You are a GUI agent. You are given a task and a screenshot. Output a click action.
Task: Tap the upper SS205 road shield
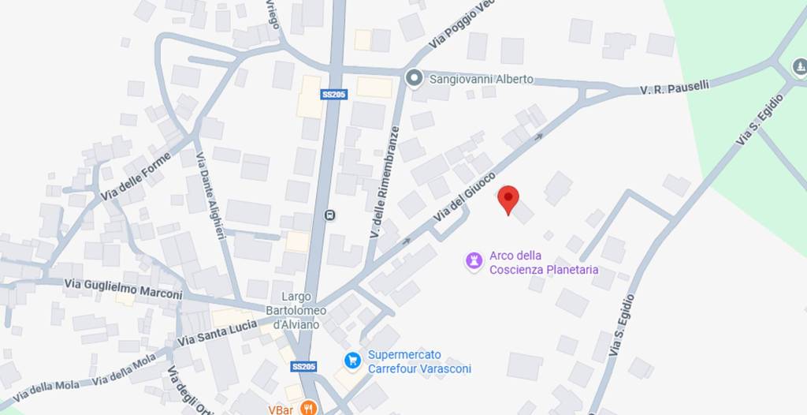pyautogui.click(x=334, y=94)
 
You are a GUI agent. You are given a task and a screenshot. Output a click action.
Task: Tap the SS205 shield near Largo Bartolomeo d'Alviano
pyautogui.click(x=303, y=367)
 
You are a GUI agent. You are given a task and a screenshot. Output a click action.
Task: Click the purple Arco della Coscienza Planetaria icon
pyautogui.click(x=474, y=260)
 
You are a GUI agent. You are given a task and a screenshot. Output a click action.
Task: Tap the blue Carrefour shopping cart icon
pyautogui.click(x=352, y=361)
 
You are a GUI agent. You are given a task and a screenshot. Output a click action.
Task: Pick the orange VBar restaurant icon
pyautogui.click(x=308, y=409)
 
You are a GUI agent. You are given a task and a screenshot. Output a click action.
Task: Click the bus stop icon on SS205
pyautogui.click(x=330, y=215)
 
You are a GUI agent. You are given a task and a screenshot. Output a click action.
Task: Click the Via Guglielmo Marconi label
pyautogui.click(x=123, y=288)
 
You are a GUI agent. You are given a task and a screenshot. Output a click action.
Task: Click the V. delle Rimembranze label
pyautogui.click(x=384, y=183)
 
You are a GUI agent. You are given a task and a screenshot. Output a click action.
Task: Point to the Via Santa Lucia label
pyautogui.click(x=206, y=333)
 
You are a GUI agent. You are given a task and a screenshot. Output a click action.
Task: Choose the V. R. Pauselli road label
pyautogui.click(x=675, y=87)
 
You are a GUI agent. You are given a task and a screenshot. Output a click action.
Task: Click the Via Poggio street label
pyautogui.click(x=461, y=25)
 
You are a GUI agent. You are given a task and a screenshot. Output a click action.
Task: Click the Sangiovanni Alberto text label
pyautogui.click(x=481, y=79)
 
